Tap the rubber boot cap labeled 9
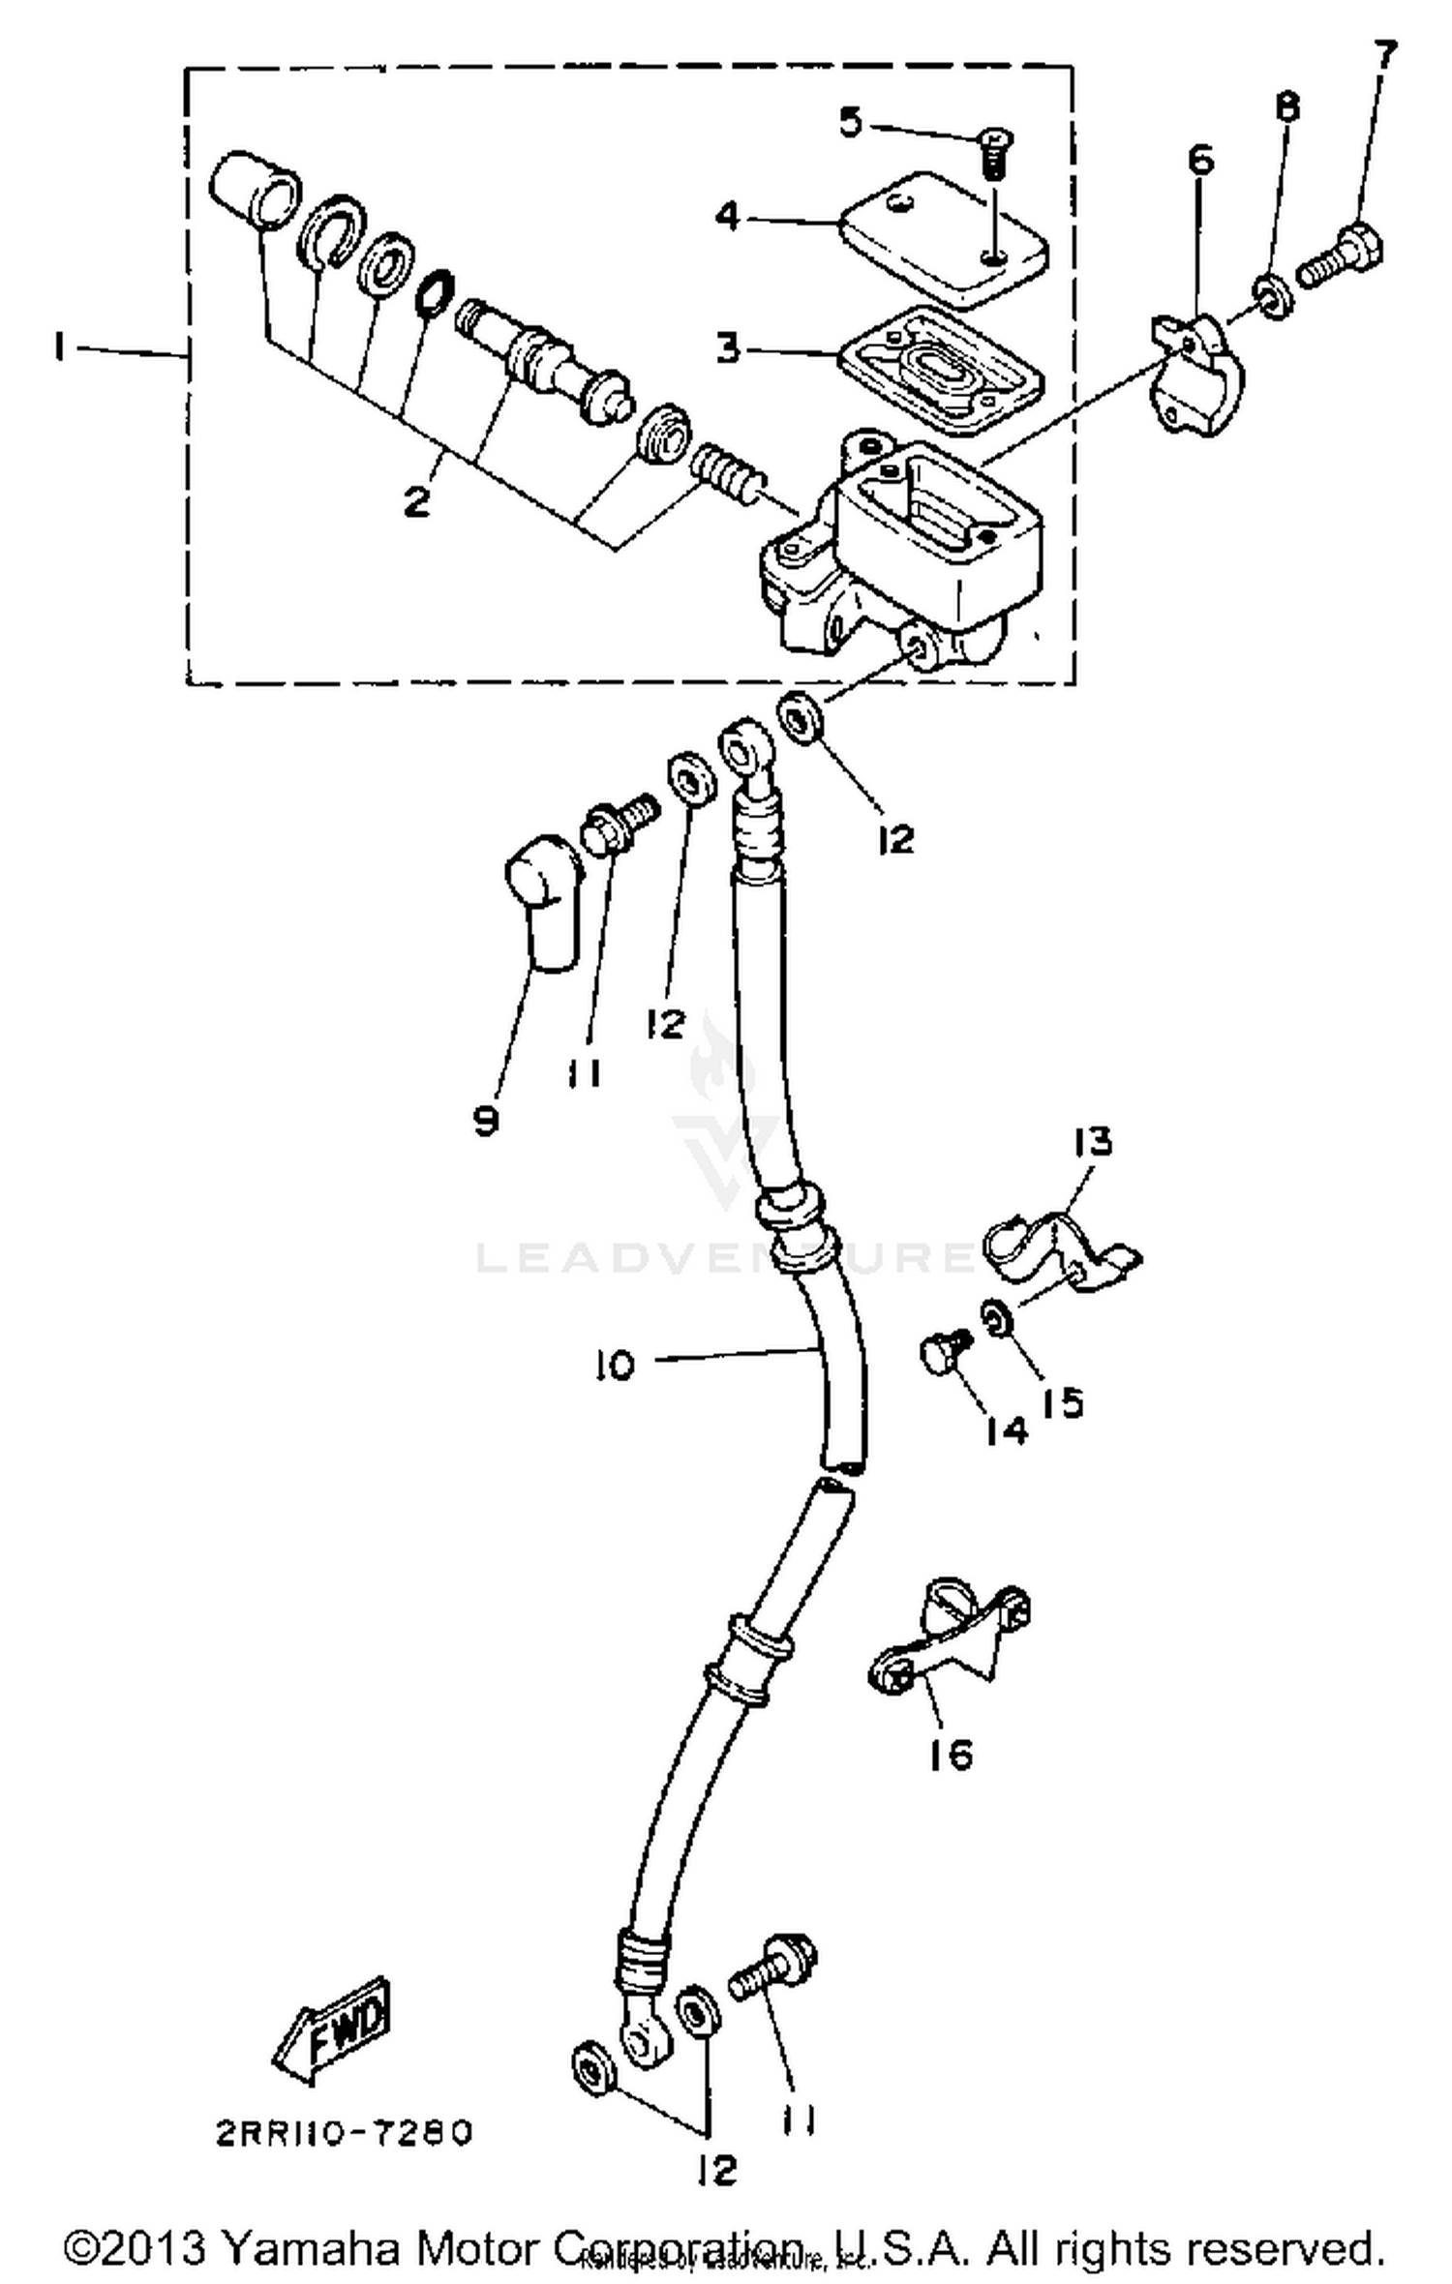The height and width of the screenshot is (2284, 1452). pyautogui.click(x=542, y=900)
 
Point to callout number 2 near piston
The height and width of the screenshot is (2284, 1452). pyautogui.click(x=416, y=500)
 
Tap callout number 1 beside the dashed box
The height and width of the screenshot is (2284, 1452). pyautogui.click(x=60, y=346)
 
